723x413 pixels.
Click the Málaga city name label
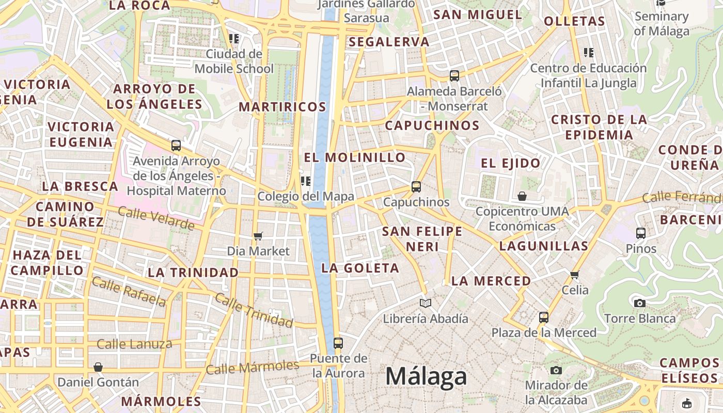(x=426, y=376)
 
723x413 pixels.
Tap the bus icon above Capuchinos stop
(x=416, y=186)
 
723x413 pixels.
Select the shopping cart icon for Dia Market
(x=258, y=236)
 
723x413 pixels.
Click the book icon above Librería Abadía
(x=425, y=303)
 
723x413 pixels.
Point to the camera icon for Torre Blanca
(x=640, y=303)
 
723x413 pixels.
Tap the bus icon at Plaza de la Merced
(x=544, y=317)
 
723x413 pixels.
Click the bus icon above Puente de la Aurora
(x=338, y=343)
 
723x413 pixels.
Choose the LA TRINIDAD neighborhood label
(x=193, y=272)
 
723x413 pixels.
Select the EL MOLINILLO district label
(x=355, y=157)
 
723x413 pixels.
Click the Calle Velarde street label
(x=156, y=218)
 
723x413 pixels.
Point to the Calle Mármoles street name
(x=252, y=368)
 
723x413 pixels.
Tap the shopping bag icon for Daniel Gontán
(x=98, y=367)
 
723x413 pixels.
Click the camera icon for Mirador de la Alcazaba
(x=556, y=370)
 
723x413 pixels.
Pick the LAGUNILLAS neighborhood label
(x=544, y=246)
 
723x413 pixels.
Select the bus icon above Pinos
(x=641, y=233)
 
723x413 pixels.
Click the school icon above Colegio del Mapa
(x=306, y=181)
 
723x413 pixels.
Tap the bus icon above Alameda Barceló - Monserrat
(x=454, y=76)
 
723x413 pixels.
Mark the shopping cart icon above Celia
(x=575, y=274)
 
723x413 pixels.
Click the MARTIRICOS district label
(x=282, y=107)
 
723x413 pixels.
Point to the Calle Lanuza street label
(x=134, y=344)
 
